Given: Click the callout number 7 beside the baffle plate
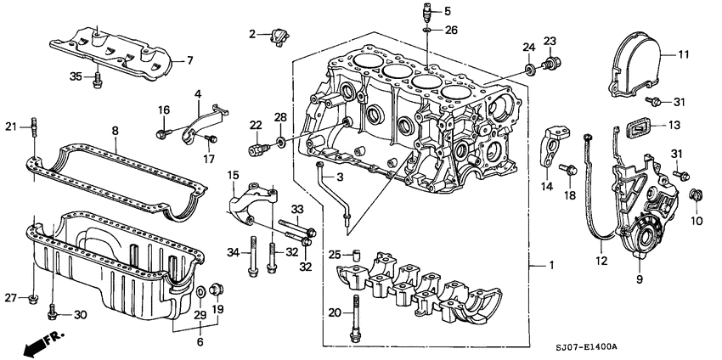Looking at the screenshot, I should pyautogui.click(x=190, y=60).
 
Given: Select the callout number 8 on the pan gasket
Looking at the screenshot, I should pyautogui.click(x=115, y=132).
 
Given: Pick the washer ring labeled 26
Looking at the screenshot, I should pyautogui.click(x=427, y=31).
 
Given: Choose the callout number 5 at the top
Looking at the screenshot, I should pyautogui.click(x=448, y=11).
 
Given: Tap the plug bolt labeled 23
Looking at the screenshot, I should pyautogui.click(x=553, y=63).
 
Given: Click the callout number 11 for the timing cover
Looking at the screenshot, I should pyautogui.click(x=682, y=55).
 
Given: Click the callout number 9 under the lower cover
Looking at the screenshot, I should pyautogui.click(x=639, y=278).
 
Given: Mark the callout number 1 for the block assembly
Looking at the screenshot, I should pyautogui.click(x=550, y=267).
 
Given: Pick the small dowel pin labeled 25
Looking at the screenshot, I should pyautogui.click(x=358, y=253).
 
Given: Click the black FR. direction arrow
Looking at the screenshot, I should pyautogui.click(x=34, y=342).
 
